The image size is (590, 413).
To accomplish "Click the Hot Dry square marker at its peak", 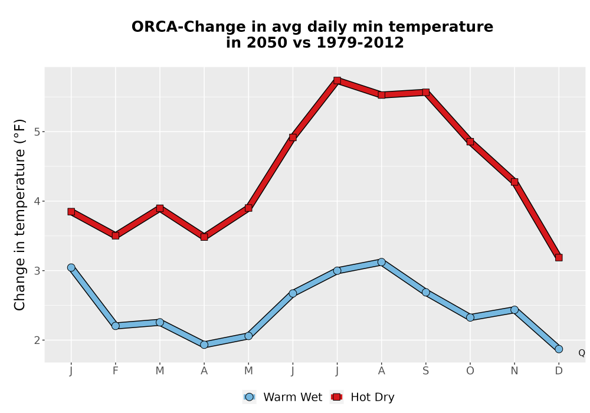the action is [x=337, y=80].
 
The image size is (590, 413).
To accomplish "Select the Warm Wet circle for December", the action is [x=559, y=349].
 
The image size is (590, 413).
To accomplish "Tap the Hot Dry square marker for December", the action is [x=559, y=258].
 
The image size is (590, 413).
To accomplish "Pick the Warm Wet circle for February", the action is [x=116, y=326].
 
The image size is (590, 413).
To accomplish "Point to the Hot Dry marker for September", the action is [x=426, y=93].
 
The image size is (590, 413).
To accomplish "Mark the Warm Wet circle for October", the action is [x=470, y=317].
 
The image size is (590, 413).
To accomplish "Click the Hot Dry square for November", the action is [x=514, y=182].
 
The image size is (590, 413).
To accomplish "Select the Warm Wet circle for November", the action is [x=514, y=310].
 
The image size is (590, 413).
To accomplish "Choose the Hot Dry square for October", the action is [x=470, y=142].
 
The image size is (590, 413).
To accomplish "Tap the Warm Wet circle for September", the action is [x=426, y=292].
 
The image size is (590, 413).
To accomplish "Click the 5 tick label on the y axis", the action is [x=37, y=132].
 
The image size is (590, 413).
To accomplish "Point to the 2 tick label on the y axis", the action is [x=37, y=340].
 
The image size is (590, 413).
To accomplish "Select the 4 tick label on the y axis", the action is [x=37, y=201].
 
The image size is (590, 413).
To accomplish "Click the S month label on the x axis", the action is [x=426, y=371].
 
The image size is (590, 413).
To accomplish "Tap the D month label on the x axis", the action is [x=559, y=371].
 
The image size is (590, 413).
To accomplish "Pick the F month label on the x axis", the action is [x=116, y=371].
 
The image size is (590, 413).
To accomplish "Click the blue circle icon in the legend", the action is [x=249, y=397].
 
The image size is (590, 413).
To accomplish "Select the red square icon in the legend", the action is [x=337, y=397].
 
